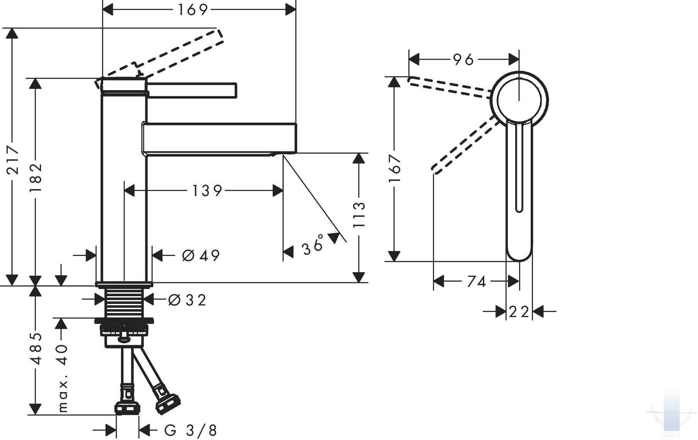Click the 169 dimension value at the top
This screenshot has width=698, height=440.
(x=193, y=10)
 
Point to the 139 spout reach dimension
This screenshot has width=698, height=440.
(x=207, y=191)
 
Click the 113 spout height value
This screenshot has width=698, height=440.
(x=359, y=215)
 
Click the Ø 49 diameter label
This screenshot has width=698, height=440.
(x=201, y=255)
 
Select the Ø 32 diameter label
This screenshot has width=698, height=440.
(x=187, y=300)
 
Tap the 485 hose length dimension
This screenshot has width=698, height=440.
(x=36, y=348)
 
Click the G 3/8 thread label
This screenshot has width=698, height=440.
(x=191, y=430)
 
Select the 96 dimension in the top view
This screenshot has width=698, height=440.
(x=463, y=60)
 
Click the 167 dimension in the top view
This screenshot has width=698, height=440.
(x=394, y=169)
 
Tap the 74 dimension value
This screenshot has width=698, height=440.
(x=476, y=282)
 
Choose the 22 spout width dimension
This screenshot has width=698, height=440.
(x=519, y=312)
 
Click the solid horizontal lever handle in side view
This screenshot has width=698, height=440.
(x=192, y=90)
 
